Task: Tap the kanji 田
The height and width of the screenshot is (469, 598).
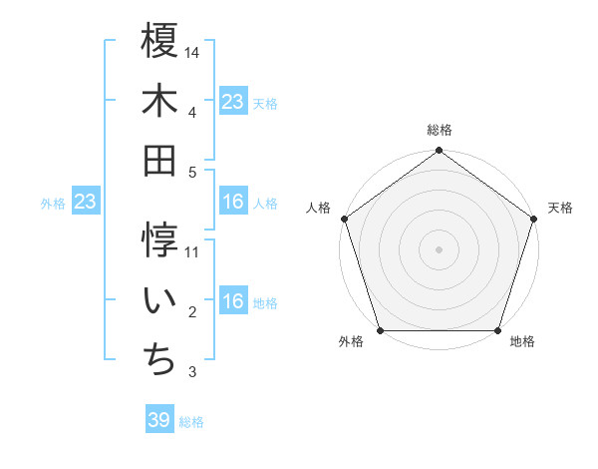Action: coord(159,160)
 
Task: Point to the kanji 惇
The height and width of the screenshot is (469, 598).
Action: coord(159,240)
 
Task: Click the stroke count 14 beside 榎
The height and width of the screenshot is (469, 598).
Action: coord(192,52)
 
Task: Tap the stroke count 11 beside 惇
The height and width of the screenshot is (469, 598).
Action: coord(192,252)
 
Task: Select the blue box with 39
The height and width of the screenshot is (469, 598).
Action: coord(159,420)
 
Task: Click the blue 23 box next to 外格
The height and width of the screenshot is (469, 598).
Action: coord(86,203)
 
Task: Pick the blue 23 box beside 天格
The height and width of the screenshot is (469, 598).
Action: coord(233,102)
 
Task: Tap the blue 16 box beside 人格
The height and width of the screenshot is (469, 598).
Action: coord(233,203)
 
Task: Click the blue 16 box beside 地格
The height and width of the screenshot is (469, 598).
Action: coord(233,302)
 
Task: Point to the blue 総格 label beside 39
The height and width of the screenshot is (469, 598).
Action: coord(191,422)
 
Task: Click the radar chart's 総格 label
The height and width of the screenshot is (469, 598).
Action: coord(439,130)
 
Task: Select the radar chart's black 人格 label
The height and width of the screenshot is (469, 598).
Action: coord(319,209)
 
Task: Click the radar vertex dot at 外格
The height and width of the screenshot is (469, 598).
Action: coord(380,330)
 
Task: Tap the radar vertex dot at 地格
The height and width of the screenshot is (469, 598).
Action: coord(497,330)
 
